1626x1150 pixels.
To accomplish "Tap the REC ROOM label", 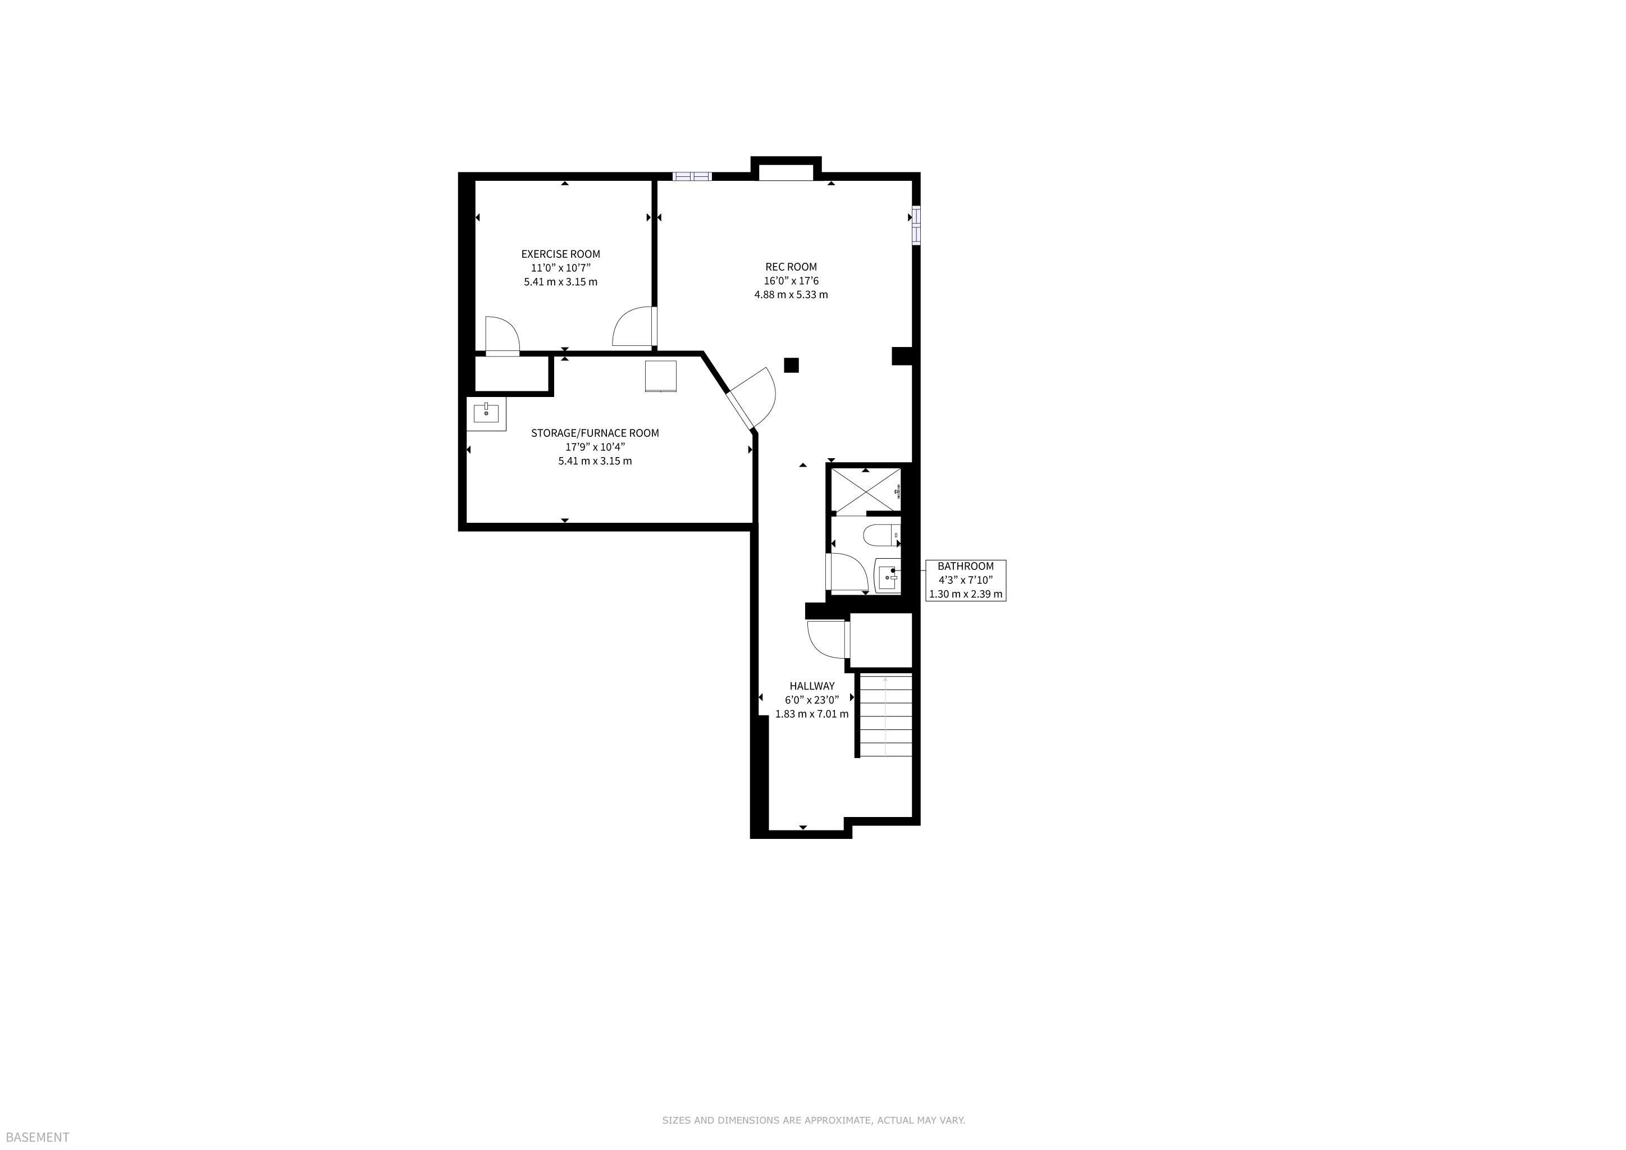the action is (791, 267).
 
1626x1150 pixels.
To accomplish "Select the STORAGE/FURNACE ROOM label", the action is (595, 433).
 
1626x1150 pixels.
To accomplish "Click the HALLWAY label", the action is (811, 686).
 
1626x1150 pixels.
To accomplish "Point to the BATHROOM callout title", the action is (965, 567).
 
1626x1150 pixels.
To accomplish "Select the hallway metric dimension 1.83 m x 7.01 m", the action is (811, 714).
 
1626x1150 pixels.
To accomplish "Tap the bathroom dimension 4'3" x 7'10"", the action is (965, 580).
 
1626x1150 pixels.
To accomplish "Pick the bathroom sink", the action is (888, 575).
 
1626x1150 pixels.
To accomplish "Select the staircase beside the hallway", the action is (885, 716).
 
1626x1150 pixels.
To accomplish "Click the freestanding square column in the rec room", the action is (791, 366).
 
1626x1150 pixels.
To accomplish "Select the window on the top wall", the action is (691, 176).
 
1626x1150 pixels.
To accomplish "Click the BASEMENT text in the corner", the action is (38, 1137).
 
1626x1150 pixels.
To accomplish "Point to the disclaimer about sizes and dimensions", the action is (814, 1120).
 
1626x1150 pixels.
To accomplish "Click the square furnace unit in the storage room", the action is (661, 376).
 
